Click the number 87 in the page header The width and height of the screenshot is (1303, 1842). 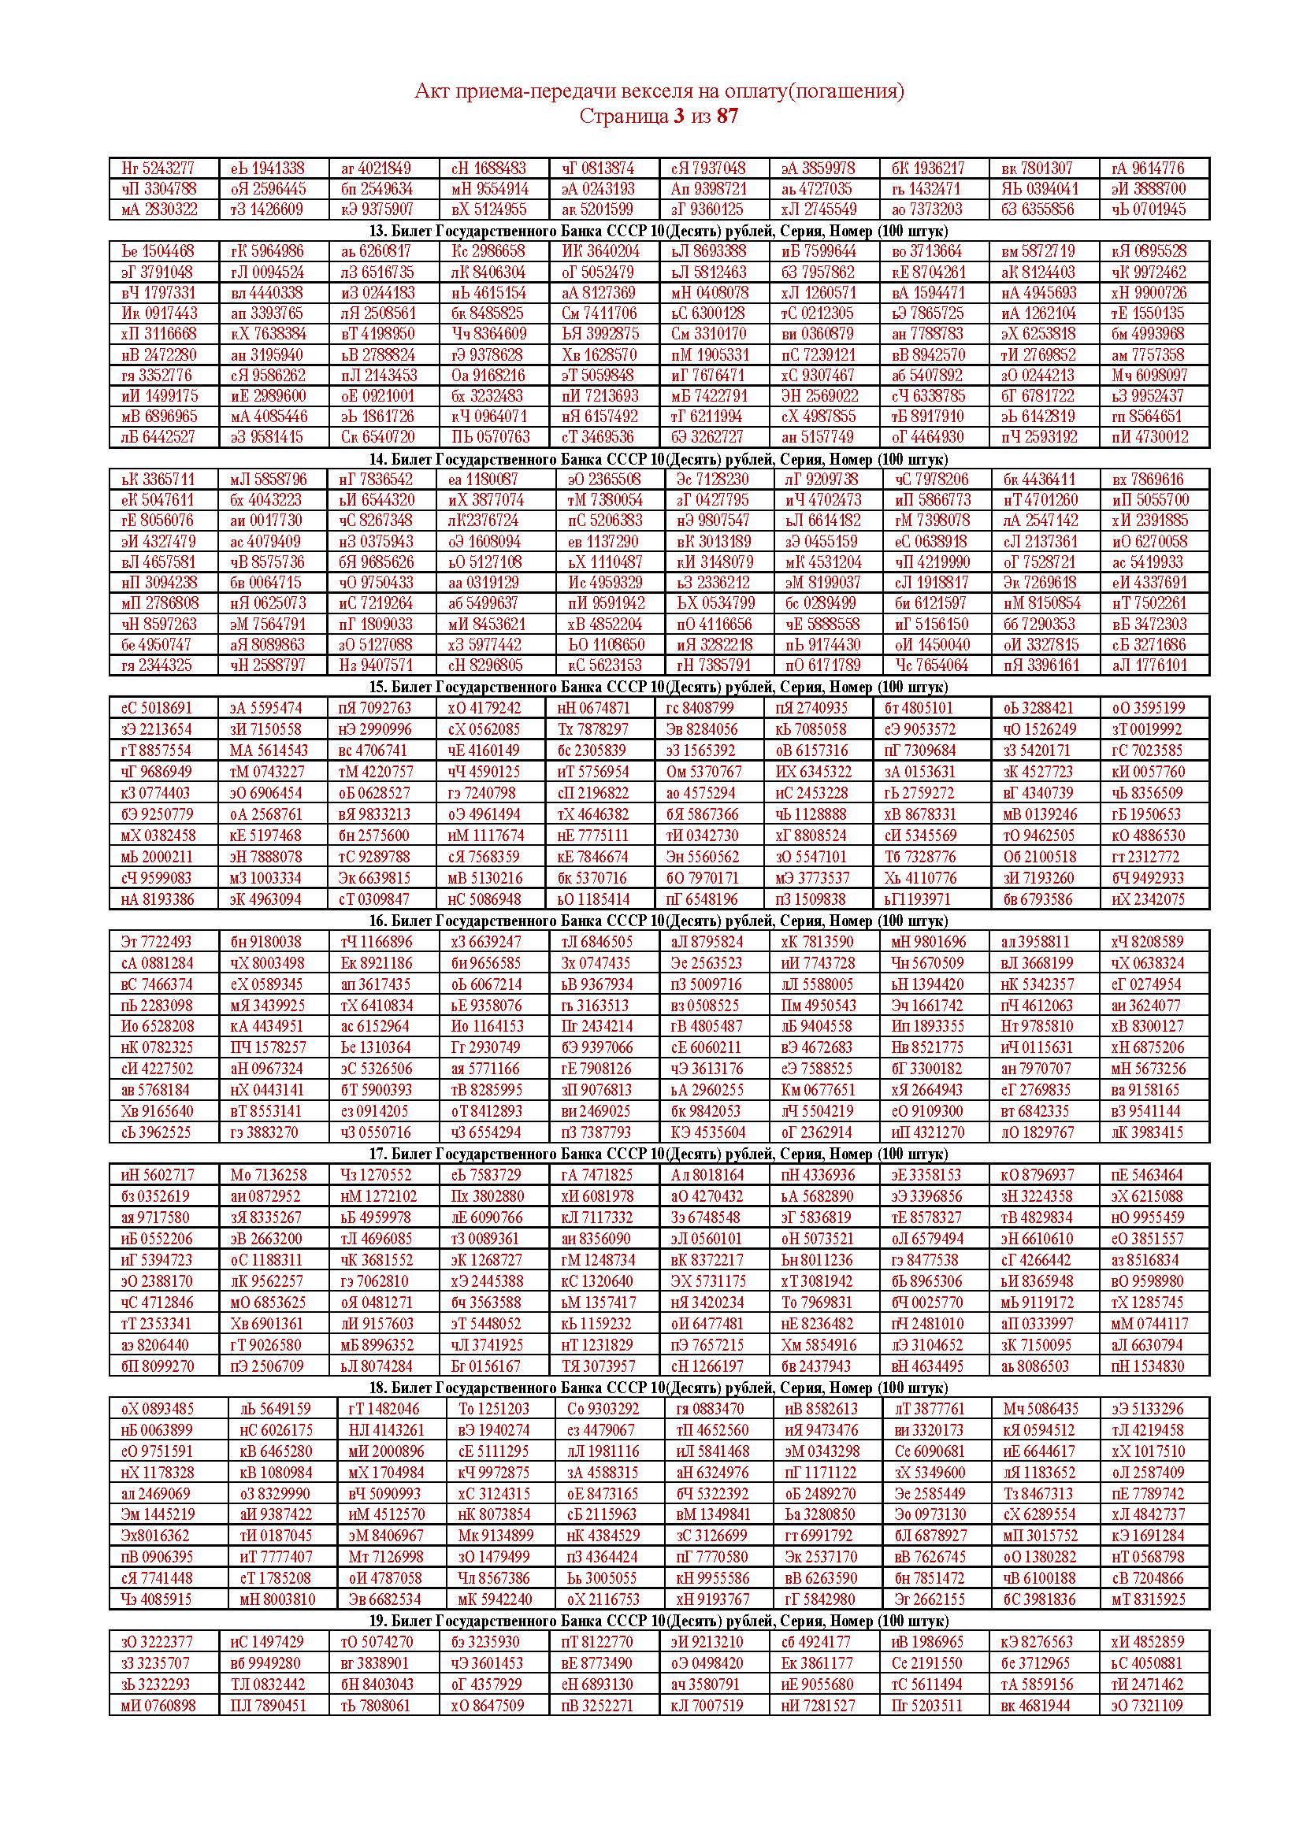(726, 117)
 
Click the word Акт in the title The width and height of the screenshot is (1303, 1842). (431, 92)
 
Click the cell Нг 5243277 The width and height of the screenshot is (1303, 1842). (158, 169)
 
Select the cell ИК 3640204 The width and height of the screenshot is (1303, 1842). (600, 251)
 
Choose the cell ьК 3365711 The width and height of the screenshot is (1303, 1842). (158, 480)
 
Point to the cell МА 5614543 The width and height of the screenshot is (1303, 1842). (268, 751)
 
